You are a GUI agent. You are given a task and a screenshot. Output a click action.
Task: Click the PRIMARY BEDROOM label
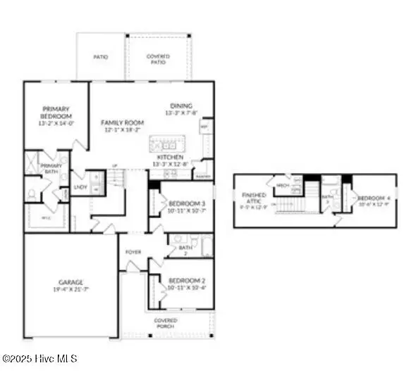point(56,113)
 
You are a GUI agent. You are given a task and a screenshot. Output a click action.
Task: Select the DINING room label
point(181,106)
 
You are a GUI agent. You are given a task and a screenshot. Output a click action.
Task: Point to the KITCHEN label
point(170,158)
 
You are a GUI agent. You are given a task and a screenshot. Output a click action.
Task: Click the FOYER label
point(133,252)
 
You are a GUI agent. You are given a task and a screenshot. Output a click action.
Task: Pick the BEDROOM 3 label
point(188,203)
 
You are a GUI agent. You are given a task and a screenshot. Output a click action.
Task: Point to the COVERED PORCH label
point(166,324)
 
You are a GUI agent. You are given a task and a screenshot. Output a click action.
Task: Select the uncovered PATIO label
point(101,57)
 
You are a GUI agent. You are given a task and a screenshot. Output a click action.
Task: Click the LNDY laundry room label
point(81,188)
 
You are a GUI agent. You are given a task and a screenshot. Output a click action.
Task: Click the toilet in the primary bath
point(31,192)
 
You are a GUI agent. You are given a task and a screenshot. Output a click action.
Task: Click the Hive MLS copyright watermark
point(39,359)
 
